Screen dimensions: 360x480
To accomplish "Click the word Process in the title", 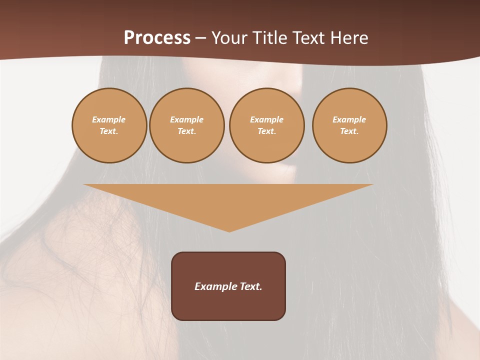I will coord(157,38).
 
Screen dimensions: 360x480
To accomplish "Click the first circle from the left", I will coord(109,125).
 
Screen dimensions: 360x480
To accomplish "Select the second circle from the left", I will coord(186,125).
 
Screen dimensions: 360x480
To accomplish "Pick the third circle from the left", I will coord(266,125).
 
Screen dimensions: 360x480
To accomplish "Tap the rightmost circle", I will coord(349,125).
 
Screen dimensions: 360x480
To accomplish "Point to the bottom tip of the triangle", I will coord(229,231).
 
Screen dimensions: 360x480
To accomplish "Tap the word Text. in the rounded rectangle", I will coord(251,286).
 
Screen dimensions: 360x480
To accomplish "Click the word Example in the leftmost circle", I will coord(109,119).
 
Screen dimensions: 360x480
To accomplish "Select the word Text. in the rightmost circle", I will coord(349,131).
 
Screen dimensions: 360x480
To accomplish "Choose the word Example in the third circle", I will coord(266,119).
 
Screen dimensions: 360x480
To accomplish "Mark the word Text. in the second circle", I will coord(186,131).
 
